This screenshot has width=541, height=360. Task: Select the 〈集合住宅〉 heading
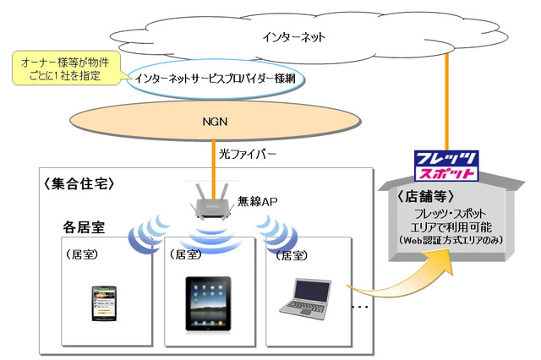(x=77, y=183)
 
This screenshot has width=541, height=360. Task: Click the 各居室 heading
(x=85, y=226)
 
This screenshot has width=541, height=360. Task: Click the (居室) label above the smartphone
(x=83, y=254)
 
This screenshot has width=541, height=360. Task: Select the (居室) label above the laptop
(x=287, y=254)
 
